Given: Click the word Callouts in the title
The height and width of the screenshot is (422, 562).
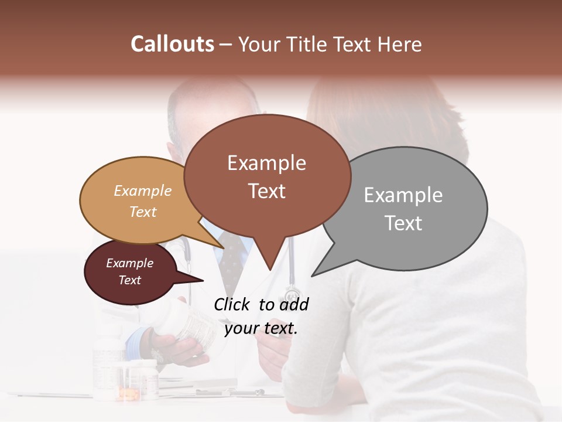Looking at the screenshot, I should point(172,44).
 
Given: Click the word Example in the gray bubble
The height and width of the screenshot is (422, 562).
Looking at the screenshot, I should point(403,195).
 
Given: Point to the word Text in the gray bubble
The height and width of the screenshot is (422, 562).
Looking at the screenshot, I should point(403,223).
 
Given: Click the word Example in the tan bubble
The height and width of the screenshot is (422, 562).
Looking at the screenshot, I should point(143,191).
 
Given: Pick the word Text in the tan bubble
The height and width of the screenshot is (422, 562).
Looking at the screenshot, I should point(143,212).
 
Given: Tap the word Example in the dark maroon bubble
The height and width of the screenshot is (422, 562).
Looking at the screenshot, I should point(129,263).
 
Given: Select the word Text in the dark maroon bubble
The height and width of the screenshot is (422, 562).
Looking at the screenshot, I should point(129,280).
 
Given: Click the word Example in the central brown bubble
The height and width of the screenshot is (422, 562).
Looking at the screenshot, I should point(266,163).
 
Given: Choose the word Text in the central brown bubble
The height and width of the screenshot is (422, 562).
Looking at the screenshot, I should point(266,191).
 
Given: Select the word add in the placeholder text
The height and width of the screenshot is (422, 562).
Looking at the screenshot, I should point(294,304).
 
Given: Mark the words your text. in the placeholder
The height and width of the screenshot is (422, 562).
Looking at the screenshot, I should point(261,328).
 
